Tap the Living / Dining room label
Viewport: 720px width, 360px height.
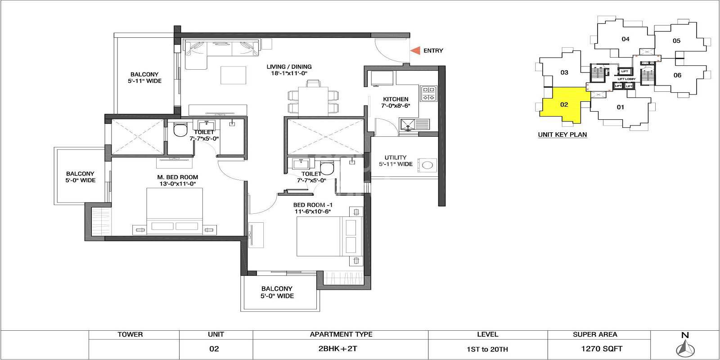click(x=288, y=67)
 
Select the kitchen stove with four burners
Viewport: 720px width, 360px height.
click(x=428, y=94)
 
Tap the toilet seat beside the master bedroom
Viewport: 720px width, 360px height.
click(x=180, y=130)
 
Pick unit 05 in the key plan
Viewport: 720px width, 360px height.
click(x=676, y=41)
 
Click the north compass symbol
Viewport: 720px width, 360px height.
click(x=684, y=347)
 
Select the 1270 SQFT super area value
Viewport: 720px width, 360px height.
click(x=595, y=349)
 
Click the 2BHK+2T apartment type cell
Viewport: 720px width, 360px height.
click(x=341, y=349)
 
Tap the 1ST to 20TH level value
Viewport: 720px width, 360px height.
click(x=487, y=349)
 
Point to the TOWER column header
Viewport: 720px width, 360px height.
click(x=130, y=334)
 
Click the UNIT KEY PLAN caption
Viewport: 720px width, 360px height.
click(x=562, y=135)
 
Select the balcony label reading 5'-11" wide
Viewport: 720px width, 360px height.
click(x=144, y=78)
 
